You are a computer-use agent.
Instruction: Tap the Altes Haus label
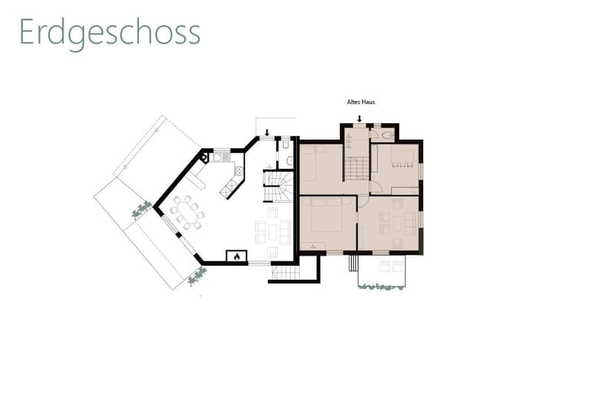point(361,102)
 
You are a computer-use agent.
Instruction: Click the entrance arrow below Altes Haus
point(360,119)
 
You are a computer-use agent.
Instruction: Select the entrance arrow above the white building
point(267,132)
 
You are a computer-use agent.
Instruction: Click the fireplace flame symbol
point(236,257)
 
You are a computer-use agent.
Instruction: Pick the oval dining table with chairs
point(188,213)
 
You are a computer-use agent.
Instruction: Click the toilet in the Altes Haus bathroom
point(386,135)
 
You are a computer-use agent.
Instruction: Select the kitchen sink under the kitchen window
point(220,158)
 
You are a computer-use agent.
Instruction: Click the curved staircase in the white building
point(279,187)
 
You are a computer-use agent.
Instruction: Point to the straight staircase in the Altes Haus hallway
point(357,168)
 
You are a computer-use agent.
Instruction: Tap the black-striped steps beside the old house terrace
point(352,263)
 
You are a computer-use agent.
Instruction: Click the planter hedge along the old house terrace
point(381,287)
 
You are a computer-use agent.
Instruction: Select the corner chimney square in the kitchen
point(204,157)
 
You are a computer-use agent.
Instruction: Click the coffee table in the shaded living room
point(397,223)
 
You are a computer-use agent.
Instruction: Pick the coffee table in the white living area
point(273,232)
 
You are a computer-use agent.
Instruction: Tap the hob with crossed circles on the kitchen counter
point(239,171)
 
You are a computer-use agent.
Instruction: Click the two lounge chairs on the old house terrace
point(391,266)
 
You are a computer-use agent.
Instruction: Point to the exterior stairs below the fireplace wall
point(286,272)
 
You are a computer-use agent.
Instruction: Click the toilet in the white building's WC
point(290,161)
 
